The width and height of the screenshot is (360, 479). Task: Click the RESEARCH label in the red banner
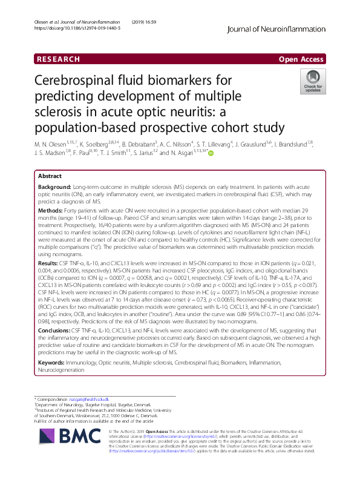(58, 59)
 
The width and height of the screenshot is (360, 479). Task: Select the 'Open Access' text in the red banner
(301, 59)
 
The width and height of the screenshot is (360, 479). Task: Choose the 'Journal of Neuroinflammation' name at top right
(285, 28)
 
